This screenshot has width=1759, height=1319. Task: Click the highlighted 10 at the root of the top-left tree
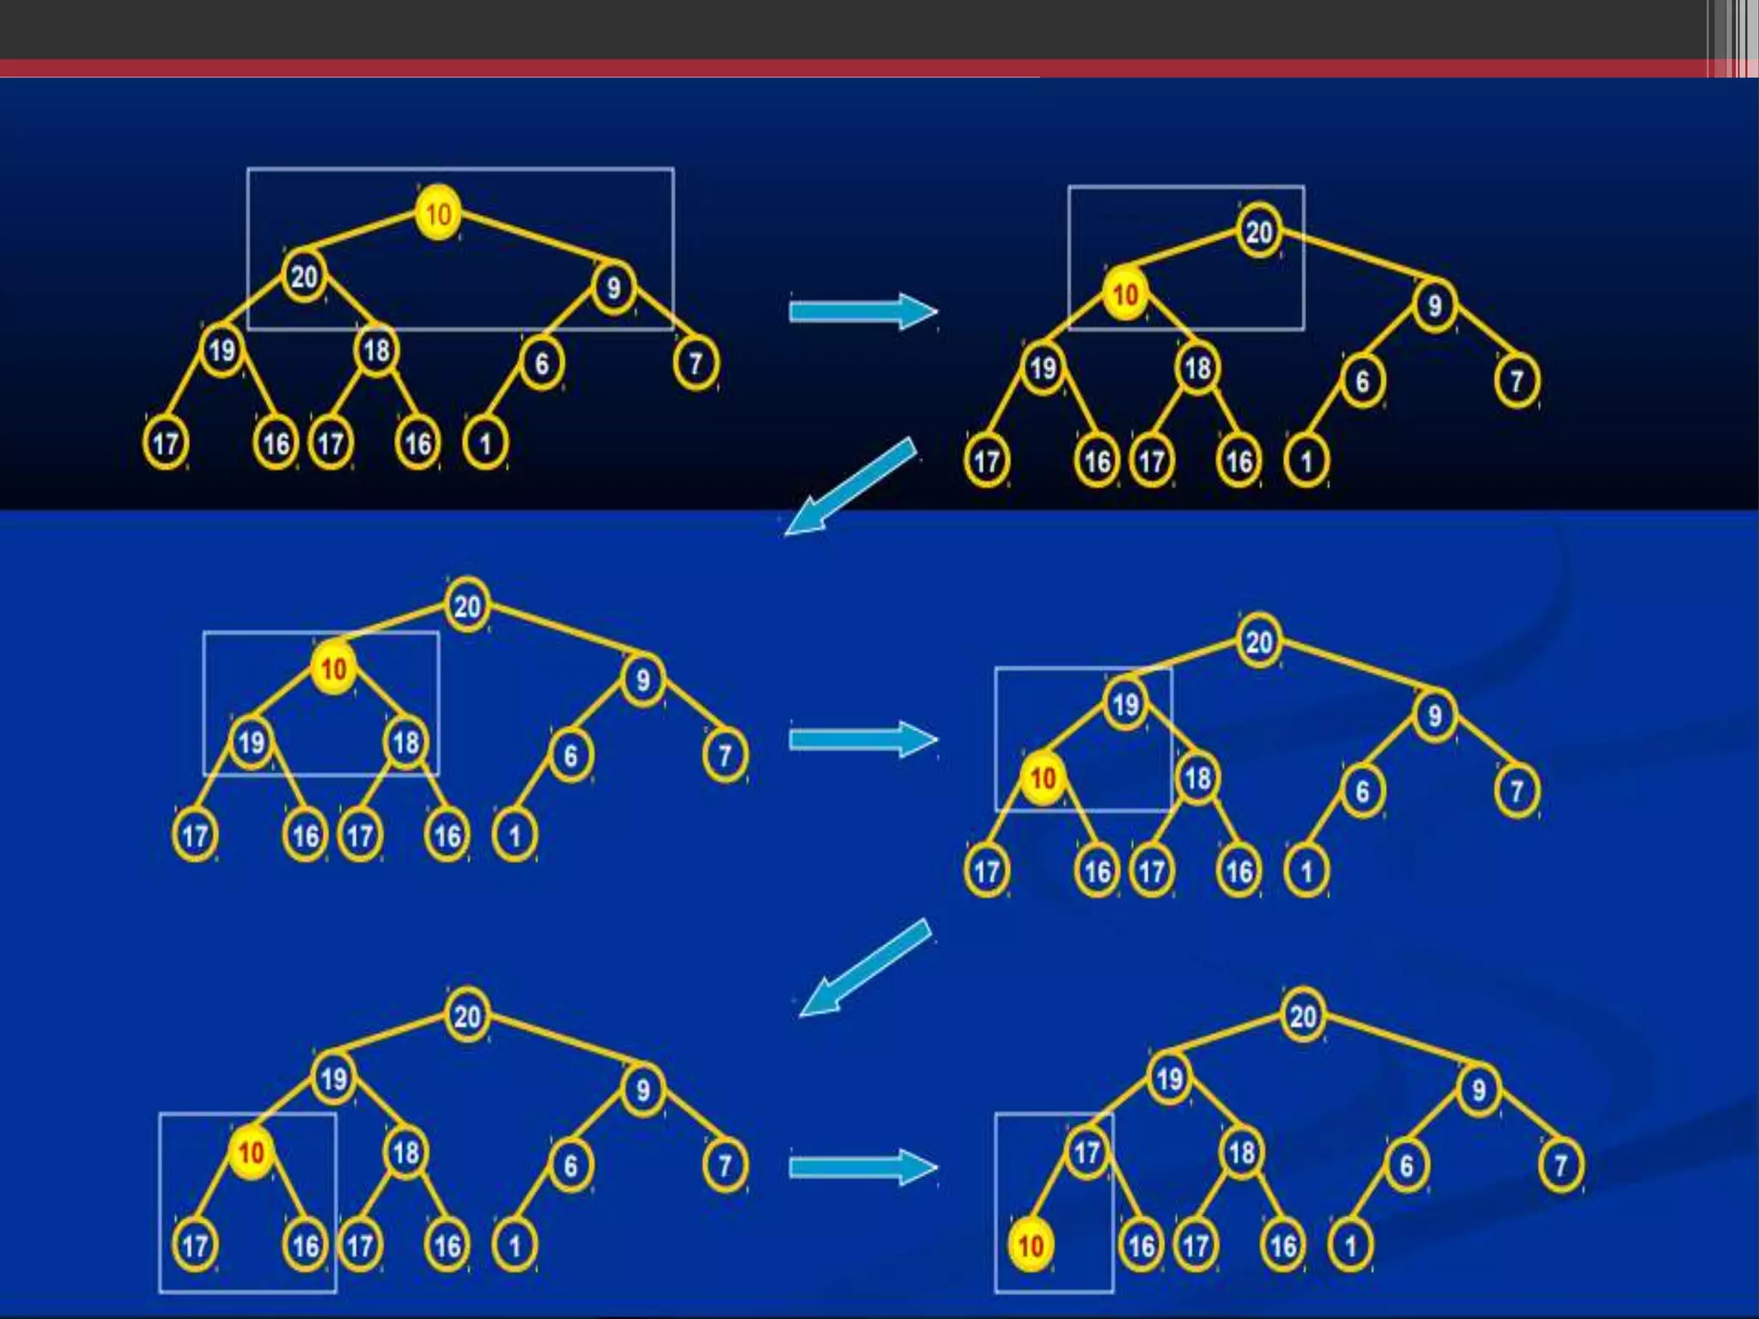tap(438, 213)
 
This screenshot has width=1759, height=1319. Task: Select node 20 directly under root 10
tap(303, 277)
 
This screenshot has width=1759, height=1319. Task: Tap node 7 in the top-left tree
tap(696, 363)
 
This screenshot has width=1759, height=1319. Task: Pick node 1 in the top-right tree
tap(1306, 462)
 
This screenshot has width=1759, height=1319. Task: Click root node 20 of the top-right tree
tap(1259, 231)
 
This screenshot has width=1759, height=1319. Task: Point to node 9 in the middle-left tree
tap(642, 680)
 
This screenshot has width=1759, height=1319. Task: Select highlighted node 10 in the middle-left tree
tap(333, 669)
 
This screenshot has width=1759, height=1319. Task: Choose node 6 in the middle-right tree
tap(1362, 790)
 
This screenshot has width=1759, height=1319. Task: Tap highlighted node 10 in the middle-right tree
tap(1043, 779)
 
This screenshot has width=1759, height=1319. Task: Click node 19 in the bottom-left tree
tap(333, 1079)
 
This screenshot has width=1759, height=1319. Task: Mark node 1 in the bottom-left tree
tap(514, 1245)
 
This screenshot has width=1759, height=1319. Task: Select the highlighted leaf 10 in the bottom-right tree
tap(1031, 1245)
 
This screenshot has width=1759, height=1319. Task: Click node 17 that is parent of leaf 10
tap(1086, 1152)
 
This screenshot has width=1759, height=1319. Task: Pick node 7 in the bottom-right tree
tap(1561, 1164)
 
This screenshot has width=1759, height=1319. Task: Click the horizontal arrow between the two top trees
tap(862, 311)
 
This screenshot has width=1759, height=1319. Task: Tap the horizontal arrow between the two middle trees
tap(862, 739)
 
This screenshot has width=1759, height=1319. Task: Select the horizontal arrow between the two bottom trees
tap(862, 1167)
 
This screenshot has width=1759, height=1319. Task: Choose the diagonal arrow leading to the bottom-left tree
tap(863, 969)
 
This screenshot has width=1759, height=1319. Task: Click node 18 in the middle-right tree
tap(1197, 779)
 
